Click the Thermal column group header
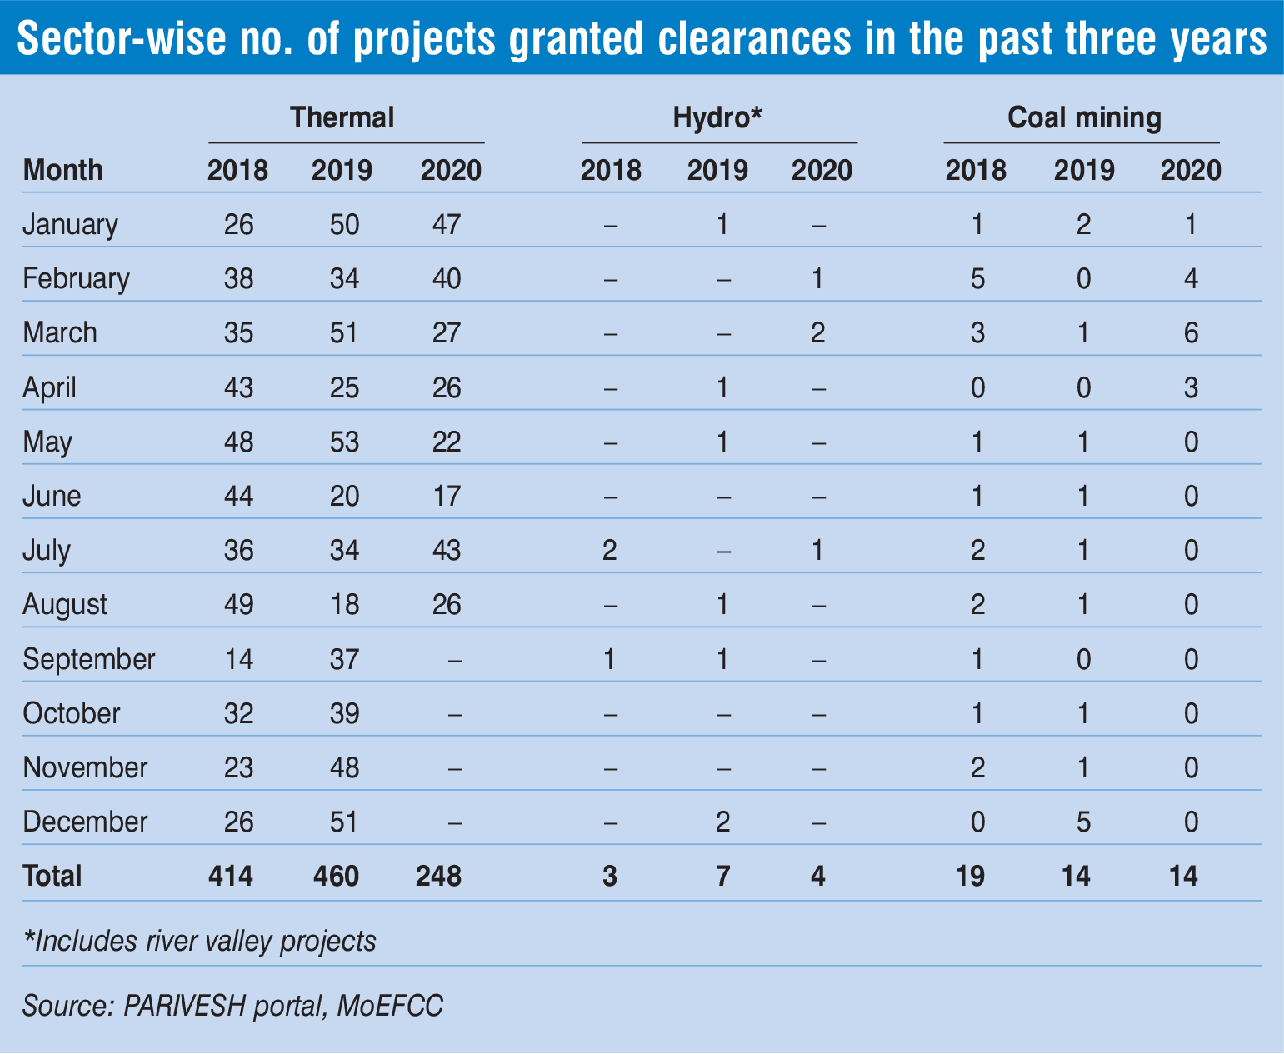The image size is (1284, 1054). point(342,117)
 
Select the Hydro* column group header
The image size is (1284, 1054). point(717,117)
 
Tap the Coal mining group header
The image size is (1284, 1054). point(1084,117)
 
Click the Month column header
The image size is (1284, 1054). point(63,170)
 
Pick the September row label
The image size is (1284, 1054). point(89,659)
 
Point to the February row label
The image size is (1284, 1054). point(76,278)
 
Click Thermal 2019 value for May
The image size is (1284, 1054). point(343,442)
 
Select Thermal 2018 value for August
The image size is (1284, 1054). point(238,604)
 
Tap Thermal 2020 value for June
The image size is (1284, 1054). point(447,496)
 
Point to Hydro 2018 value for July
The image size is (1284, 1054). point(609,551)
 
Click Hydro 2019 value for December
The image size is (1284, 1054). point(722,822)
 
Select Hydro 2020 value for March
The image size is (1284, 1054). point(817,333)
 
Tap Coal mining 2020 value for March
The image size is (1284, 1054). point(1191,333)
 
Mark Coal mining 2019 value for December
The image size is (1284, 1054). point(1083,822)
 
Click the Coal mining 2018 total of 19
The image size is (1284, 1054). point(971,877)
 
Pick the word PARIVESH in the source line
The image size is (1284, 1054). point(184,1006)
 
